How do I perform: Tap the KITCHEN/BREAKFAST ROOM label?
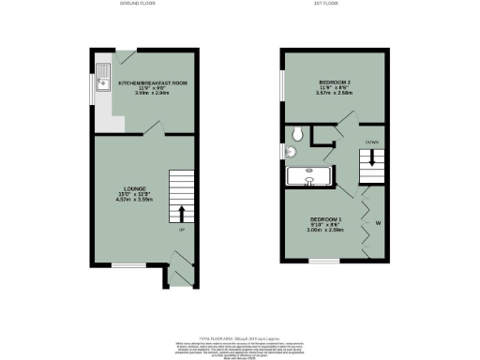pyautogui.click(x=153, y=83)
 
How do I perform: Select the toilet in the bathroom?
pyautogui.click(x=295, y=132)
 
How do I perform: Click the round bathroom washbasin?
pyautogui.click(x=291, y=153)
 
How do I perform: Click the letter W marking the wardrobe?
pyautogui.click(x=379, y=223)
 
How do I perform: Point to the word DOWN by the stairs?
pyautogui.click(x=372, y=142)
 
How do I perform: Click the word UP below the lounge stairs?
pyautogui.click(x=181, y=230)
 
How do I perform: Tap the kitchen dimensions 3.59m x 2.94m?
pyautogui.click(x=153, y=95)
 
